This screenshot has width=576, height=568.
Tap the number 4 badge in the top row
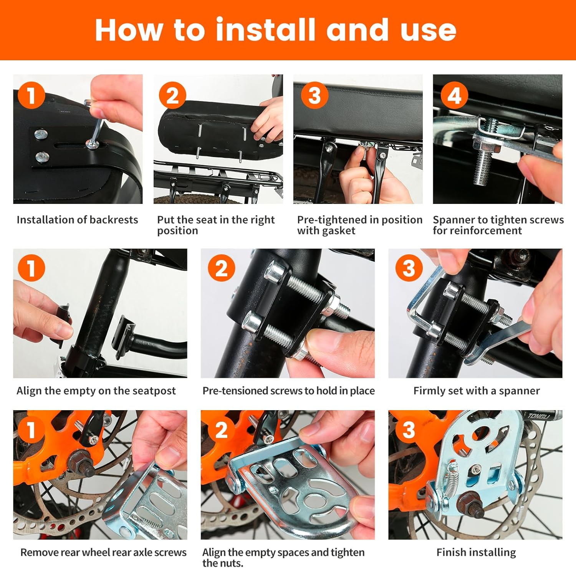pyautogui.click(x=454, y=96)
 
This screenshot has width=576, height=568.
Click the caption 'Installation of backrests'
pyautogui.click(x=77, y=220)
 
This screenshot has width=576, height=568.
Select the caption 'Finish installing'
pyautogui.click(x=476, y=552)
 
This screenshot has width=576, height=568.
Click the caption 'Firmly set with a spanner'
pyautogui.click(x=477, y=391)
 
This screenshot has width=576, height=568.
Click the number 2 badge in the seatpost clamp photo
pyautogui.click(x=222, y=268)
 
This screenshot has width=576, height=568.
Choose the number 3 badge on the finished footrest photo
pyautogui.click(x=409, y=430)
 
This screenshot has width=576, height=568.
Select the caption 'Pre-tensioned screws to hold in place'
pyautogui.click(x=288, y=391)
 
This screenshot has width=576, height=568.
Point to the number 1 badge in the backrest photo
pyautogui.click(x=31, y=96)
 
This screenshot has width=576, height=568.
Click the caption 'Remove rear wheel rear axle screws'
pyautogui.click(x=103, y=552)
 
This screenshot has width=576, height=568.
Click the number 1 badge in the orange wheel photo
pyautogui.click(x=31, y=430)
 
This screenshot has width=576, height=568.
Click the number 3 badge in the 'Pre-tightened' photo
pyautogui.click(x=314, y=96)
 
